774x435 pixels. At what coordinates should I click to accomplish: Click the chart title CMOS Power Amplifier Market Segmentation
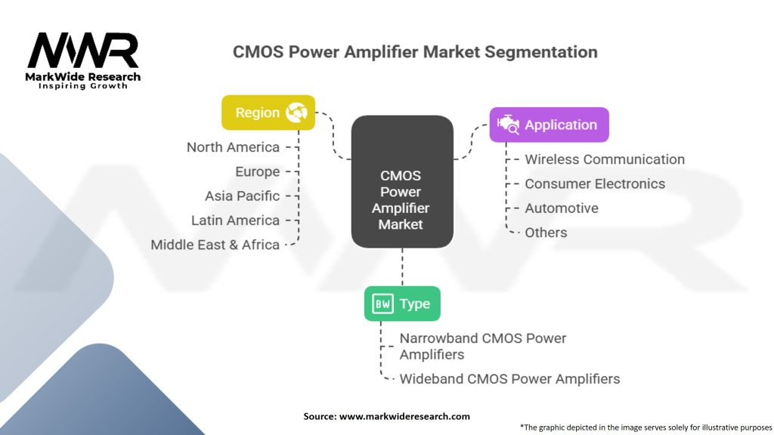coord(415,52)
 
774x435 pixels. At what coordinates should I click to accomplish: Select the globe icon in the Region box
coord(295,113)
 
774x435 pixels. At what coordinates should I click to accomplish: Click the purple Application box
coord(549,125)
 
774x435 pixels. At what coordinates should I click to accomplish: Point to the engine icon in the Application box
coord(507,125)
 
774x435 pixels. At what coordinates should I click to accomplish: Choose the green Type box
coord(402,304)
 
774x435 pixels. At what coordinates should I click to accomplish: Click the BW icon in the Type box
coord(382,304)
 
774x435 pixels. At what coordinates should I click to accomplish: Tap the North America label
coord(233,147)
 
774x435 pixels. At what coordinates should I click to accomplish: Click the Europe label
coord(257,171)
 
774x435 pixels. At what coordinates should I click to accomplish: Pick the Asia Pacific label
coord(242,196)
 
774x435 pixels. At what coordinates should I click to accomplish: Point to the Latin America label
coord(235,220)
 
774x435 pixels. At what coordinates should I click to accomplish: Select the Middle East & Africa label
coord(215,244)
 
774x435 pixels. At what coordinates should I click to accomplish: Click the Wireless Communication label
coord(605,159)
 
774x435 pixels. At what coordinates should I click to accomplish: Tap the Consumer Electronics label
coord(595,184)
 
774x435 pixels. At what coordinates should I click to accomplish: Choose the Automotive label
coord(561,208)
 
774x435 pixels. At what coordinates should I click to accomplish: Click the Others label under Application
coord(546,232)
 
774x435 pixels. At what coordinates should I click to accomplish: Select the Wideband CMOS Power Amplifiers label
coord(509,378)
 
